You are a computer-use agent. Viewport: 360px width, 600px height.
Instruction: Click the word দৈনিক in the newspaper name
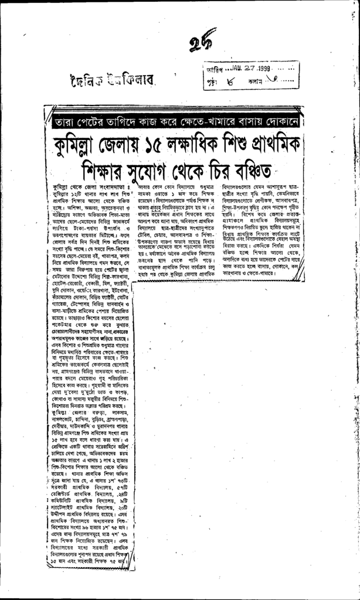click(x=86, y=79)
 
